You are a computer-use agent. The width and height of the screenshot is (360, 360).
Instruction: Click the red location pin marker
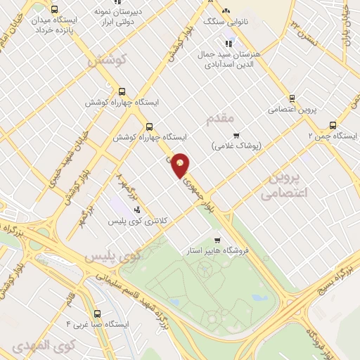tap(181, 165)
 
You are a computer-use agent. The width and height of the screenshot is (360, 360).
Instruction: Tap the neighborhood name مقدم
tap(219, 118)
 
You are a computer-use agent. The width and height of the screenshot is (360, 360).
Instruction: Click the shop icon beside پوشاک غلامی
tap(236, 136)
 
